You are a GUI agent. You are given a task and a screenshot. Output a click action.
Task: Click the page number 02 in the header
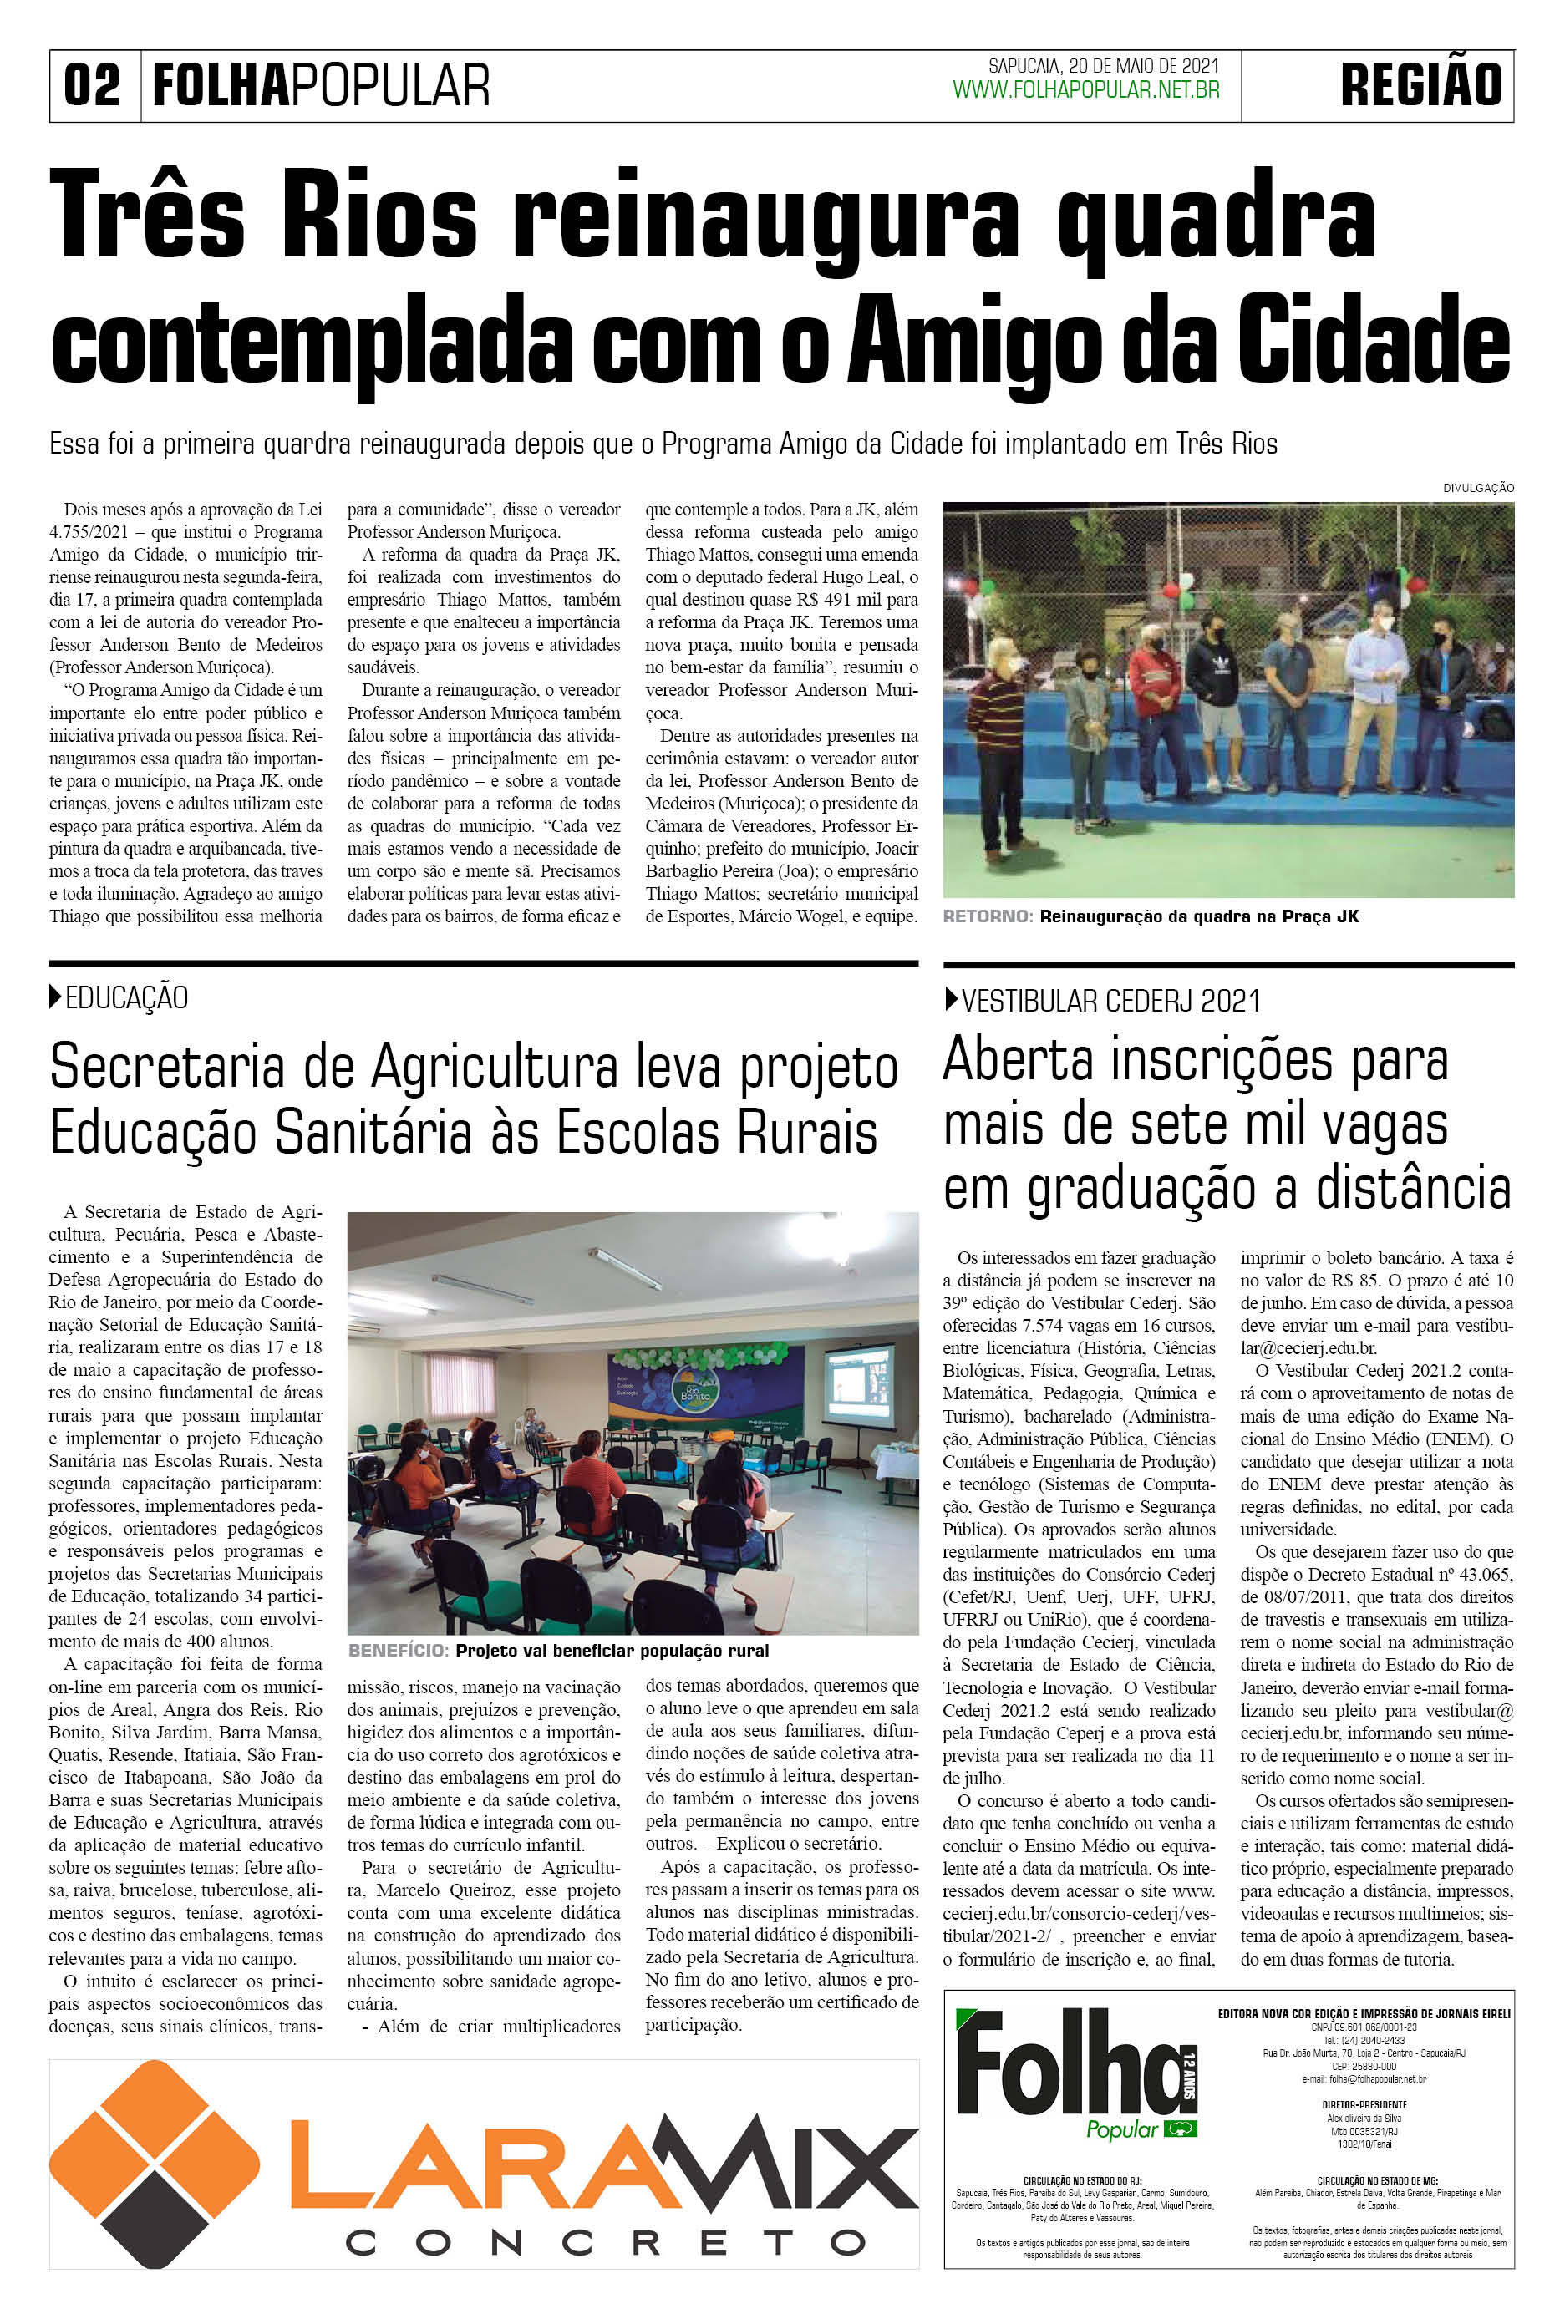point(92,85)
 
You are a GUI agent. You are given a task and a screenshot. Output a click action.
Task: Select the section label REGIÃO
point(1420,85)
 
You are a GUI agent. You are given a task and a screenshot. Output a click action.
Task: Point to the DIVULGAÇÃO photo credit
point(1478,488)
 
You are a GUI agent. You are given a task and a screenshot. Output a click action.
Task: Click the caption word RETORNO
point(987,917)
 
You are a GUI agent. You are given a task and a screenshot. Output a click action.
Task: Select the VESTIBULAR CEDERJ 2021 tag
point(1110,1000)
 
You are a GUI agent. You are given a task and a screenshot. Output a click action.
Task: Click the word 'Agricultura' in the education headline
point(495,1068)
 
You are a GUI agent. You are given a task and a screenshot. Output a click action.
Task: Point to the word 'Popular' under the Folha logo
point(1122,2129)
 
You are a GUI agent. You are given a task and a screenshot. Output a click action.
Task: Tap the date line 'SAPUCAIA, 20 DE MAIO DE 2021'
point(1103,66)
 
